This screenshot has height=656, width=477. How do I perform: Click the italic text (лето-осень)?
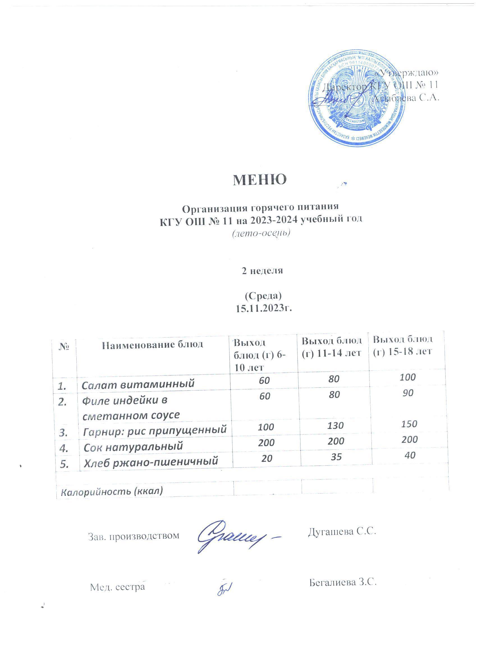[261, 233]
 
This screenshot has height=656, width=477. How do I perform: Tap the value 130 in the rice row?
[336, 425]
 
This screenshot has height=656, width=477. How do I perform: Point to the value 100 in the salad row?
[408, 377]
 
